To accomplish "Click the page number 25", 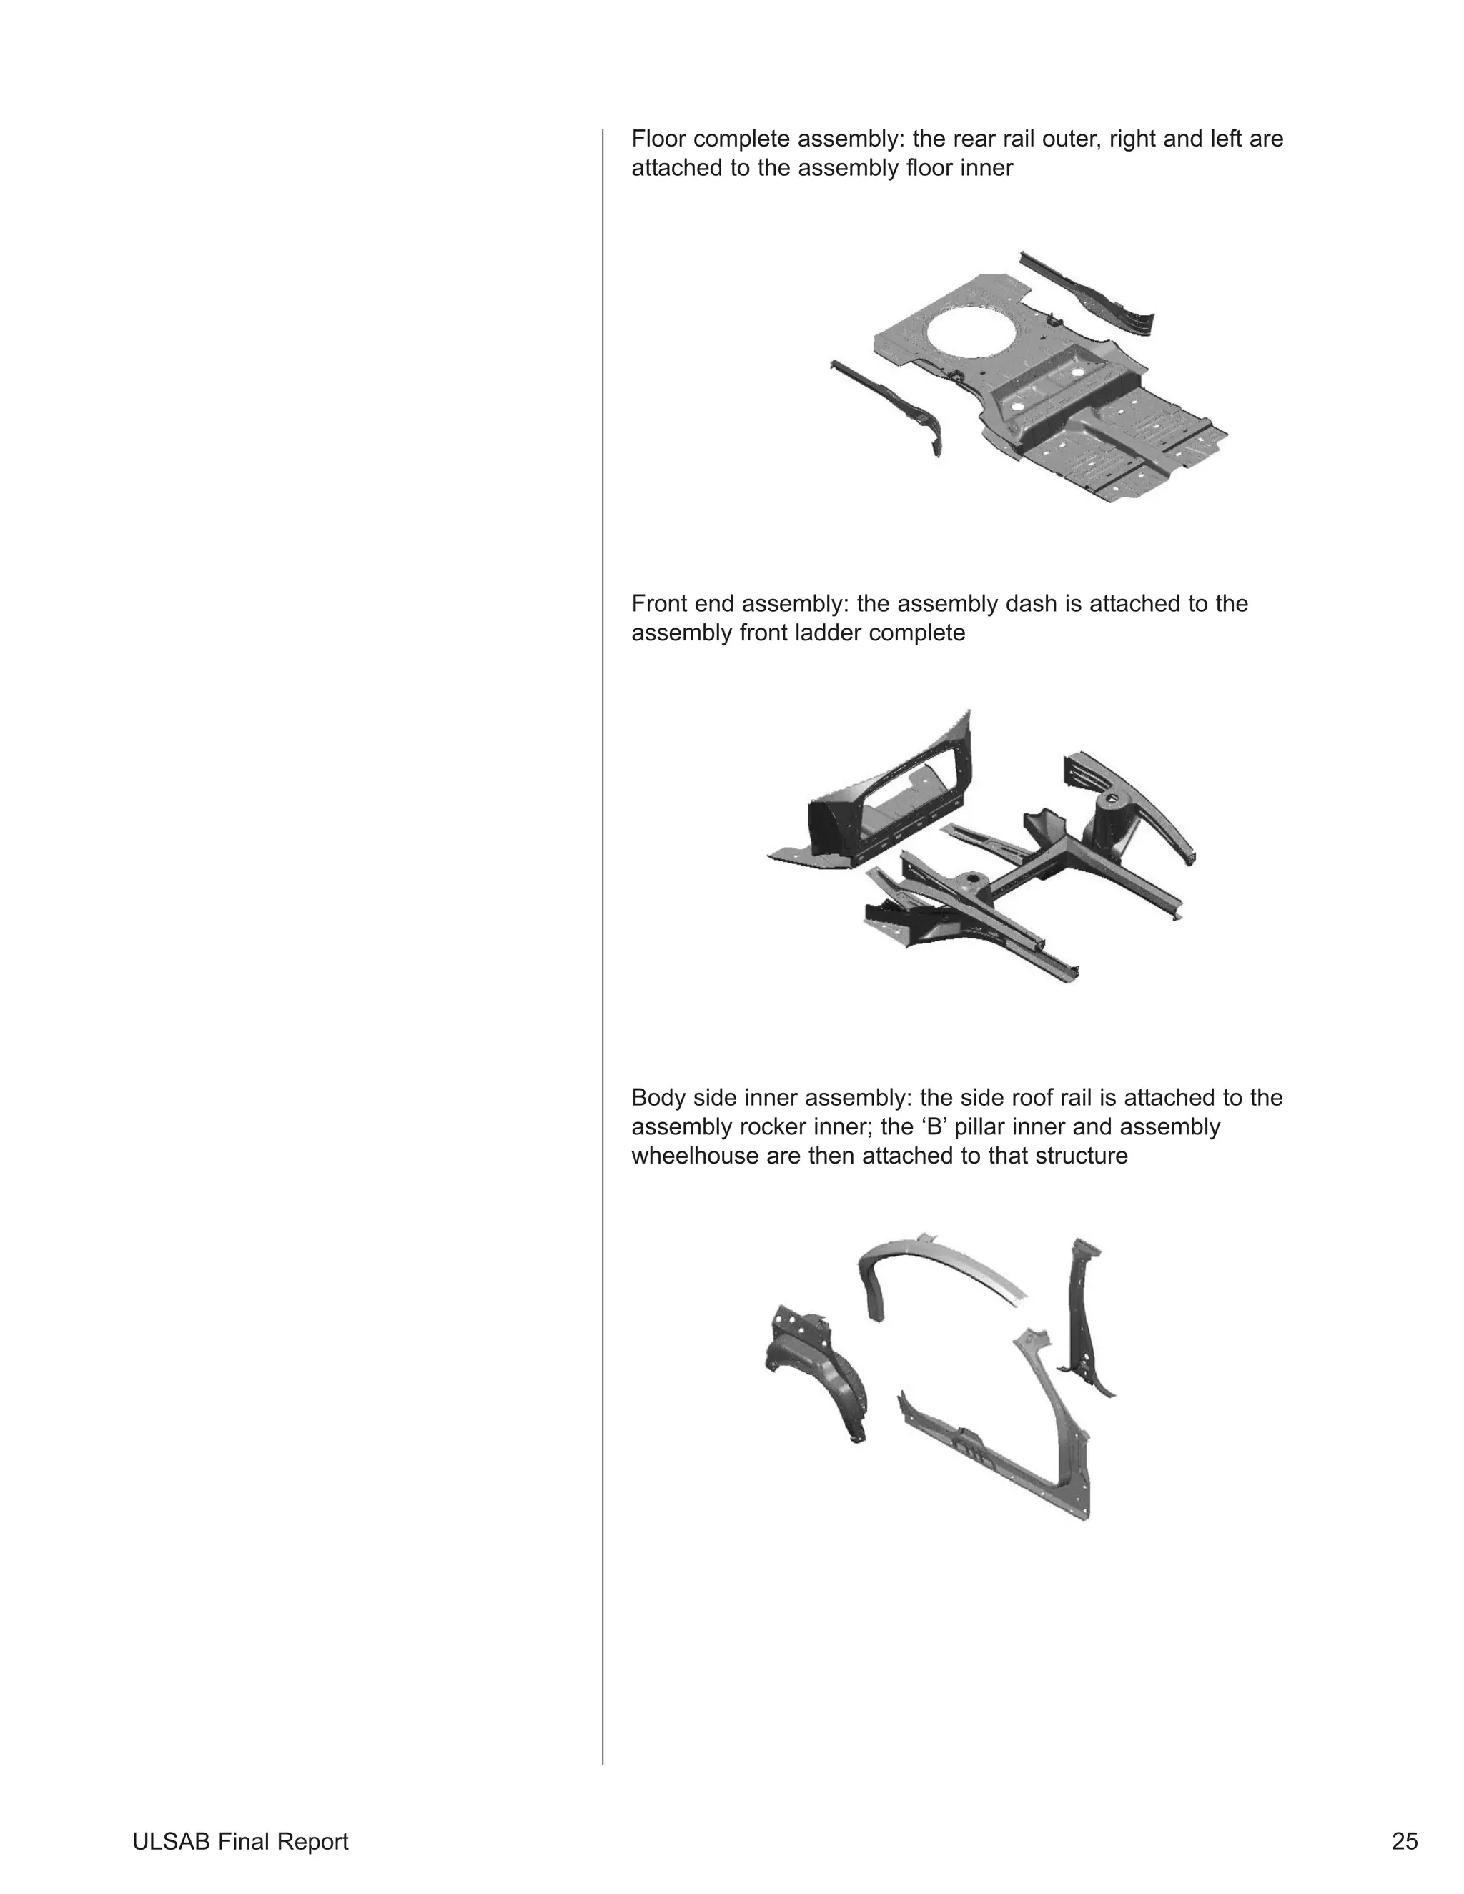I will [1404, 1841].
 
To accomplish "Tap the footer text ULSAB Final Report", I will [240, 1841].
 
